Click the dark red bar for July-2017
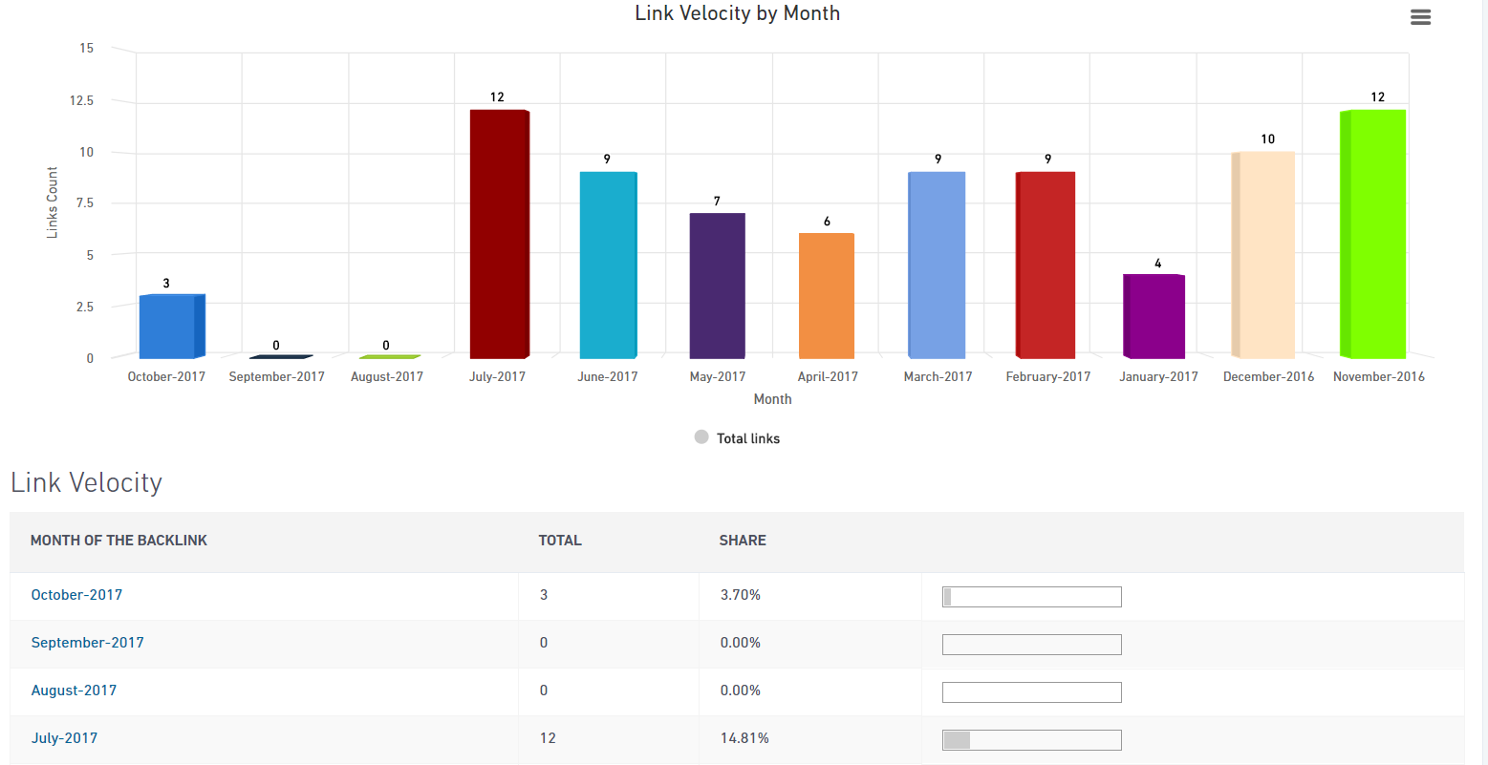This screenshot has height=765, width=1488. point(499,234)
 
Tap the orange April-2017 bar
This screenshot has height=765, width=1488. point(827,295)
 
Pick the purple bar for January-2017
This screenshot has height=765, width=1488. point(1154,316)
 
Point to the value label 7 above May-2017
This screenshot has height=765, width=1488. point(717,202)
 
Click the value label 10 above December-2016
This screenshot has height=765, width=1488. point(1267,139)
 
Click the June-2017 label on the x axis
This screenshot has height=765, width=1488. point(607,376)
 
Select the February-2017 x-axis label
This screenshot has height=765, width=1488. point(1047,376)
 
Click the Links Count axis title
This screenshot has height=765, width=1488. point(53,202)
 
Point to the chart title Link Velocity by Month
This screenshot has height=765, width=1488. point(737,13)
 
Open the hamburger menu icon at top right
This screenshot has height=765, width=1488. point(1420,17)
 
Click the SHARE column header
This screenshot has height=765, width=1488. point(743,541)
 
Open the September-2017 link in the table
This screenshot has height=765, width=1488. point(87,643)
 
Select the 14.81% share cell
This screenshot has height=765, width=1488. point(744,738)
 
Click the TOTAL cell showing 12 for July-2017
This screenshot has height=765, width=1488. point(548,738)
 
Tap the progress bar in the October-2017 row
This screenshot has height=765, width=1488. point(1031,597)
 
